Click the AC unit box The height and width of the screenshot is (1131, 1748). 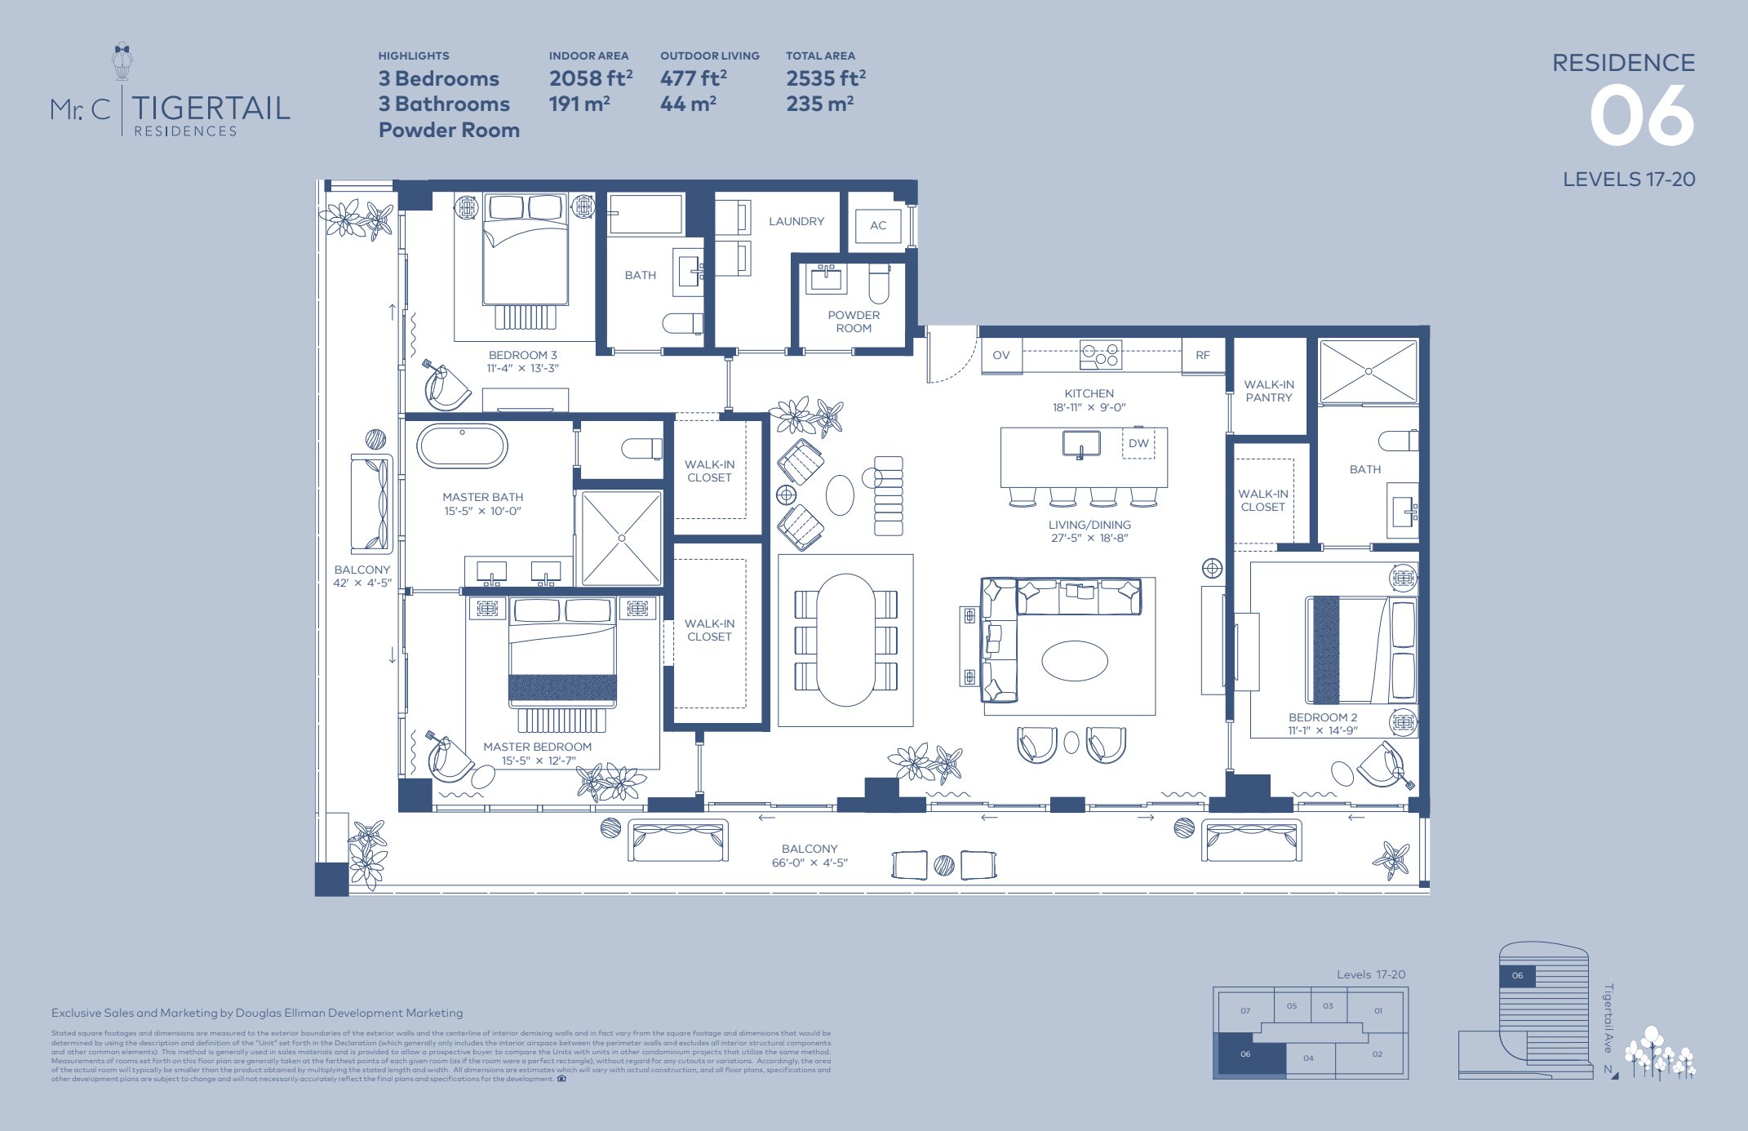click(x=877, y=226)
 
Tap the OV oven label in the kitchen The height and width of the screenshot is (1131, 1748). click(x=1000, y=355)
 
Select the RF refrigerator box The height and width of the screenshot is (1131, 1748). click(x=1202, y=355)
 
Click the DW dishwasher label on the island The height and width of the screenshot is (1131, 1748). click(x=1138, y=443)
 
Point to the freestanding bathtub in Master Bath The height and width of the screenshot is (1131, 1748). click(x=462, y=446)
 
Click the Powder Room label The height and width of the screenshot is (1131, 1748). click(x=854, y=322)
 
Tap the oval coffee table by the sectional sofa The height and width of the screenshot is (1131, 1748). click(x=1074, y=660)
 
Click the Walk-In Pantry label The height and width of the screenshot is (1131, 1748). click(x=1268, y=391)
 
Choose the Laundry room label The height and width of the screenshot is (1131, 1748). click(x=796, y=221)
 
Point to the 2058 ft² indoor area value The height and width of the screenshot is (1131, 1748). click(x=590, y=78)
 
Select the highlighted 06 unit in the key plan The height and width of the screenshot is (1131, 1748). click(x=1246, y=1054)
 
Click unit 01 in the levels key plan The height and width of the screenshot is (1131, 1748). click(x=1378, y=1010)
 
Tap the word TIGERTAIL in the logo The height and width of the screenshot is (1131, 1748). click(x=211, y=108)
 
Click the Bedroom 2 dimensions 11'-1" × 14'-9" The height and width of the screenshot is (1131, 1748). click(x=1322, y=730)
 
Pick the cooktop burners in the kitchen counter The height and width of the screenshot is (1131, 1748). click(x=1100, y=355)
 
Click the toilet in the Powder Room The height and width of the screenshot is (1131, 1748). click(x=878, y=284)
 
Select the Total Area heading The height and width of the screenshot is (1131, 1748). click(x=820, y=55)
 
